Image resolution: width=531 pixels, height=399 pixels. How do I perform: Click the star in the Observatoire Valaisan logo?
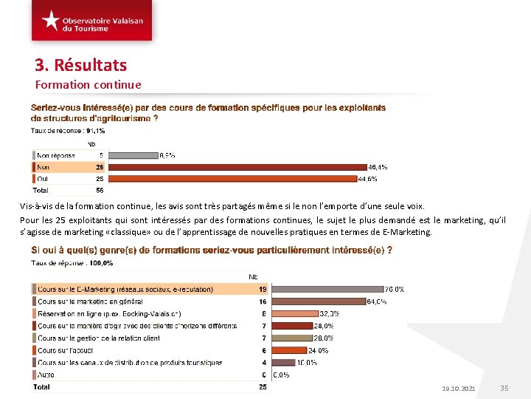[x=50, y=20]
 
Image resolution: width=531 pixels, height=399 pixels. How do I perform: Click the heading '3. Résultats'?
[x=81, y=65]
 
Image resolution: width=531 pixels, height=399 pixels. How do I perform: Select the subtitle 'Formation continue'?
[x=88, y=84]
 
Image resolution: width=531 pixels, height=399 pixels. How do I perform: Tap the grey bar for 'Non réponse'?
[x=133, y=156]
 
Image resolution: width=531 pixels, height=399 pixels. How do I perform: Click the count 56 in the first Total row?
[x=100, y=190]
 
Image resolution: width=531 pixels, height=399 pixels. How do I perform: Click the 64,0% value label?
[x=378, y=301]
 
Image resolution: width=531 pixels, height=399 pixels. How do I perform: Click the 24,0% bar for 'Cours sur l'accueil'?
[x=290, y=350]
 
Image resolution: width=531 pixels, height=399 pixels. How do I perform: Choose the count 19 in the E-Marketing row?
[x=263, y=289]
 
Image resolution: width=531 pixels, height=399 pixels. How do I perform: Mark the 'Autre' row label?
[x=46, y=375]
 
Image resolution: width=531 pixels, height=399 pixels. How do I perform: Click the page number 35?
[x=504, y=389]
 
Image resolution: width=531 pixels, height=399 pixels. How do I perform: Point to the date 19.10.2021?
[x=459, y=389]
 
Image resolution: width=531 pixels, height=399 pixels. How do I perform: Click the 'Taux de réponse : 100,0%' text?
[x=72, y=262]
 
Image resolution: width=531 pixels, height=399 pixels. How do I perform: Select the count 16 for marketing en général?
[x=263, y=301]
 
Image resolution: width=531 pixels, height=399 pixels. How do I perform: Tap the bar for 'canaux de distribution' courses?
[x=284, y=363]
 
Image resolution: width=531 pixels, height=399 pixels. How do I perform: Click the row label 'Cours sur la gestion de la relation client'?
[x=98, y=338]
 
